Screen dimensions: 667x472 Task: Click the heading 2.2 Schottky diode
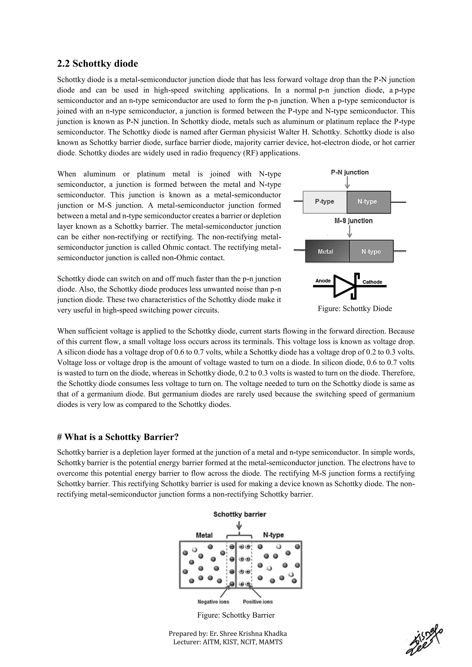[97, 64]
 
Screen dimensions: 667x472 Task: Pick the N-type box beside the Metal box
[371, 251]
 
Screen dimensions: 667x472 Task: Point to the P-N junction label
[350, 172]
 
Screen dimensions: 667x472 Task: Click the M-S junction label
[353, 221]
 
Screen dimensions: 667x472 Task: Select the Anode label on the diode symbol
[323, 281]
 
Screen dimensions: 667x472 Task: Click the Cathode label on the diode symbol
[372, 282]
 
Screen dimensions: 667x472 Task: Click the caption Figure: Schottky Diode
[355, 309]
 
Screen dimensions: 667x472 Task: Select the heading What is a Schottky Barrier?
[118, 437]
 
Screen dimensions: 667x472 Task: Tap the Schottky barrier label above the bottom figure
[239, 515]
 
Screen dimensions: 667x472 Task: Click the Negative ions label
[213, 601]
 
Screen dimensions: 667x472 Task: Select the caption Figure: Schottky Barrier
[236, 615]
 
